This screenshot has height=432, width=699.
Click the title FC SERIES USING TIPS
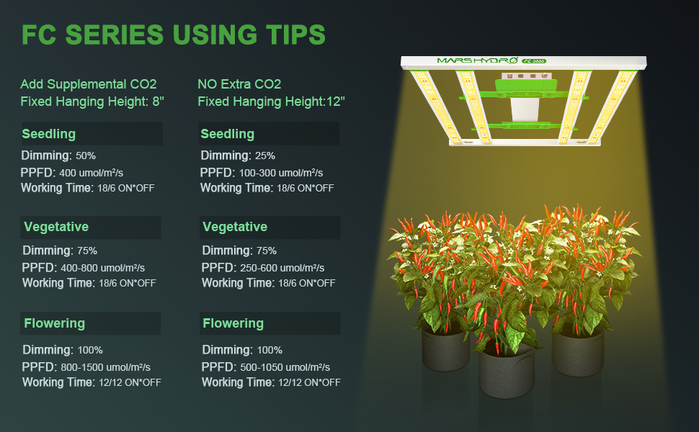tap(174, 35)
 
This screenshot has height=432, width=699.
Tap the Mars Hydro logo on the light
tap(477, 60)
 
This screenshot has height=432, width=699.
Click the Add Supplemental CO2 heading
tap(88, 84)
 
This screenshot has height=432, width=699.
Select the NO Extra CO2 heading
tap(239, 84)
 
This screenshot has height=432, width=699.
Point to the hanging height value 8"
tap(159, 101)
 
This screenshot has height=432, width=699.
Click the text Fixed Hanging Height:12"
tap(271, 102)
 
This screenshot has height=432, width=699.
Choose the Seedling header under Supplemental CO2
tap(48, 134)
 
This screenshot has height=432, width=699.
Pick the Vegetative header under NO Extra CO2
tap(235, 227)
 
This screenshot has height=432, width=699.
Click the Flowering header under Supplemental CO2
tap(54, 323)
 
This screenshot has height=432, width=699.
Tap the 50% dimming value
tap(86, 156)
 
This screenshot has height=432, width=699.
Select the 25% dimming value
tap(264, 156)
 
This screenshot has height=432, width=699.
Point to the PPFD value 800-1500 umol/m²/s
tap(105, 367)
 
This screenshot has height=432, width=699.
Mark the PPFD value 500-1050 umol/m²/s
tap(285, 367)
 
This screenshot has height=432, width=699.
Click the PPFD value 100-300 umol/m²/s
tap(281, 173)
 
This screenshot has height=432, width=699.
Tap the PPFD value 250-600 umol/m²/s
tap(282, 268)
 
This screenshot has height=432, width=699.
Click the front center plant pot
tap(507, 372)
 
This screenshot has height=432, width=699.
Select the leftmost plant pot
tap(445, 350)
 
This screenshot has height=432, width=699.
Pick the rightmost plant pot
tap(578, 353)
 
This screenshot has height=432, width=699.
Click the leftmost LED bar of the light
tap(435, 106)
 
